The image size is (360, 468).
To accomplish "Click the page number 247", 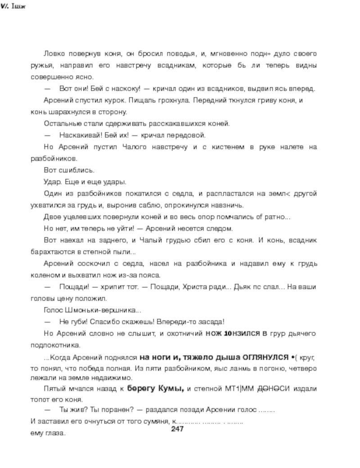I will [178, 429].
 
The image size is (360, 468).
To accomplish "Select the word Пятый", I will [54, 388].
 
